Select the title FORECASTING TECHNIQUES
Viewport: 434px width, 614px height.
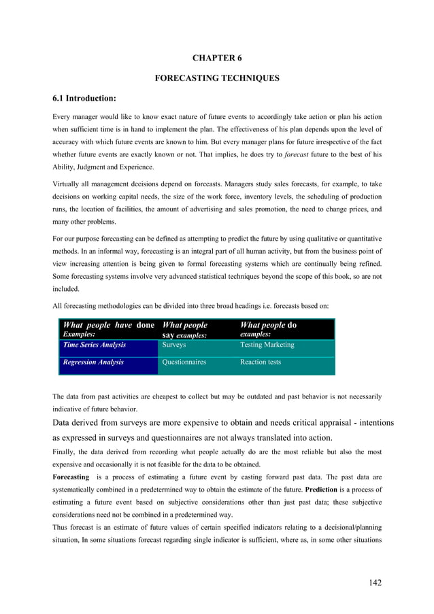coord(217,78)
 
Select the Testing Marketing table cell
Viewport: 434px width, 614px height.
coord(267,345)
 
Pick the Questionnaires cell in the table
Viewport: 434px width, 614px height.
coord(184,362)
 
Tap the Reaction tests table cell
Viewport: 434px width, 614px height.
coord(261,362)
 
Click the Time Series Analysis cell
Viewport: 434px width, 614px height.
coord(94,345)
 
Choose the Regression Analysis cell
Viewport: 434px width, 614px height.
coord(93,362)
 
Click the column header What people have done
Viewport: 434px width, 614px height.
coord(108,325)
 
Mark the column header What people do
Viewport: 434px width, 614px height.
coord(269,325)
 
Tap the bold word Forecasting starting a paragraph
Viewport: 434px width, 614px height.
coord(74,477)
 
